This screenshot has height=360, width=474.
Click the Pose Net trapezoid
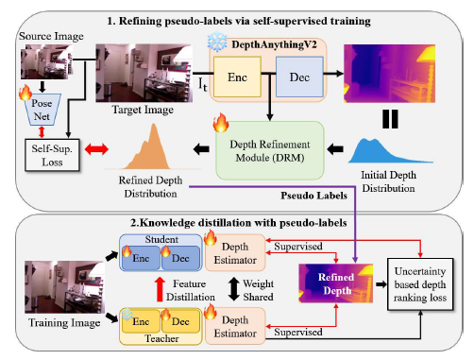[x=42, y=110]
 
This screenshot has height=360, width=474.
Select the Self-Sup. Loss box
[x=52, y=155]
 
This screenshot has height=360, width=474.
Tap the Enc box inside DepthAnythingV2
[x=237, y=77]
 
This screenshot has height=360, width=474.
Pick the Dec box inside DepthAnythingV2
[x=299, y=77]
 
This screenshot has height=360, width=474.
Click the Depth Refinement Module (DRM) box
[x=270, y=150]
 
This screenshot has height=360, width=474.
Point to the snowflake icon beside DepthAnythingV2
[x=217, y=43]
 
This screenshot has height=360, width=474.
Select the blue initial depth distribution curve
[x=390, y=151]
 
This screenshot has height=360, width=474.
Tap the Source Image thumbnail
[x=46, y=61]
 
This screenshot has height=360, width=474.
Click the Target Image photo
[x=144, y=73]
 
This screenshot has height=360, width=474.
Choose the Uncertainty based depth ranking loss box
[x=420, y=284]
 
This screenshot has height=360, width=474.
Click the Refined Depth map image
[x=336, y=283]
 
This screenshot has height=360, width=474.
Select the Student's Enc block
[x=141, y=258]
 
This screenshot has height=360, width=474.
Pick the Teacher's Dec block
[x=180, y=321]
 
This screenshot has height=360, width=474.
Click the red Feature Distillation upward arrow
[x=160, y=289]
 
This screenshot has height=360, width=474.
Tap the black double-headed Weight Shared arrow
[x=233, y=289]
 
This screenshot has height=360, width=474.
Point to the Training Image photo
[x=64, y=287]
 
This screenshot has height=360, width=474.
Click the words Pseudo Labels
[x=313, y=196]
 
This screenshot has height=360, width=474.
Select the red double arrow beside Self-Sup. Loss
[x=96, y=149]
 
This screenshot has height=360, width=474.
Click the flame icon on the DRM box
[x=221, y=123]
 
